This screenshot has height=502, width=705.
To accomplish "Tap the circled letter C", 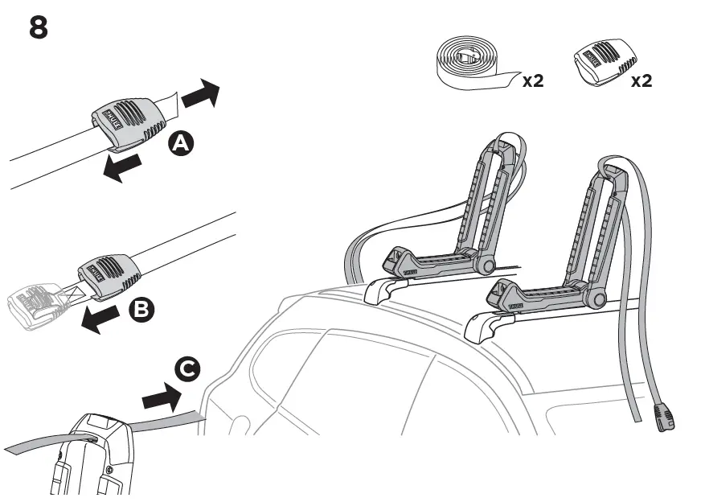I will [186, 369].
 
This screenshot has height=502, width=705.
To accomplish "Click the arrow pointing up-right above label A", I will [200, 94].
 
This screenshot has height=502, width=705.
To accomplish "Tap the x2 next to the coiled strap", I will [532, 80].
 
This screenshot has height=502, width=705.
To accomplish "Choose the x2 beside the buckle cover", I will [641, 80].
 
